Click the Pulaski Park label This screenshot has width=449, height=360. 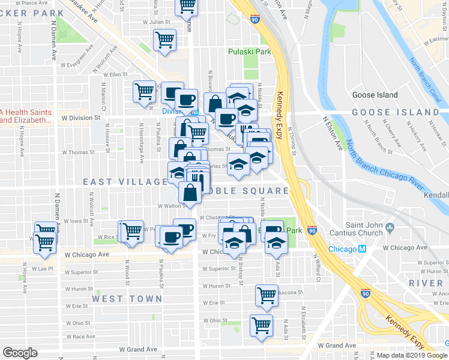(x=249, y=52)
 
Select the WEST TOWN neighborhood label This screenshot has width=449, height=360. (x=127, y=298)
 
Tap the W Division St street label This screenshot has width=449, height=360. (x=80, y=118)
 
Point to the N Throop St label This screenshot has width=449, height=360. (x=294, y=143)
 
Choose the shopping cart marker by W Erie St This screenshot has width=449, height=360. (x=266, y=294)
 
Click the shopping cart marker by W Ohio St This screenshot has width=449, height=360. (x=261, y=325)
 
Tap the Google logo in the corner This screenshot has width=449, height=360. (x=20, y=353)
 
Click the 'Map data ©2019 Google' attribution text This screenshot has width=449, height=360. (x=412, y=355)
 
